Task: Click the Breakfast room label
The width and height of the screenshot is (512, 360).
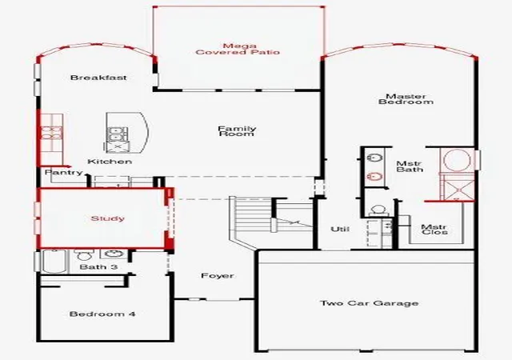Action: tap(98, 78)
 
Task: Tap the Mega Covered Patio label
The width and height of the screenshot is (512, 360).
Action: tap(238, 49)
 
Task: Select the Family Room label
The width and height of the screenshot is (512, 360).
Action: tap(237, 131)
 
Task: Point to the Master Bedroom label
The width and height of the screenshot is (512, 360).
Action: tap(406, 99)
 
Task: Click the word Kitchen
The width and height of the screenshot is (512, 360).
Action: tap(110, 162)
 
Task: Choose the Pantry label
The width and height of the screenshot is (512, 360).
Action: tap(64, 172)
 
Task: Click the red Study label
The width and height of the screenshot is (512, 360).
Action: tap(108, 218)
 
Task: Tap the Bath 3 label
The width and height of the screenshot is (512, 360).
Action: tap(98, 267)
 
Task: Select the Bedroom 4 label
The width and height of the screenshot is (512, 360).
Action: tap(102, 314)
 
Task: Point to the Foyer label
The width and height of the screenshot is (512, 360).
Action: tap(218, 276)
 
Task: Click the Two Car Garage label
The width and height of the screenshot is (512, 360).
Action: tap(370, 303)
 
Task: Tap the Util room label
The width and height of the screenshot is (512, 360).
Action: tap(340, 229)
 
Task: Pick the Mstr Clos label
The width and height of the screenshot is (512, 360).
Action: tap(434, 230)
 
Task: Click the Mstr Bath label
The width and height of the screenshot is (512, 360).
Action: tap(410, 166)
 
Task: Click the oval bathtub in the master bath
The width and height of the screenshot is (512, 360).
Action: tap(458, 160)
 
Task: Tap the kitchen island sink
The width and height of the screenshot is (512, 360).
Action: tap(115, 134)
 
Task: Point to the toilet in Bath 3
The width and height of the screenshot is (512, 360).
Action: tap(84, 254)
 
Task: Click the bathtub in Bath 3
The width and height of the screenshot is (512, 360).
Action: tap(54, 262)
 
